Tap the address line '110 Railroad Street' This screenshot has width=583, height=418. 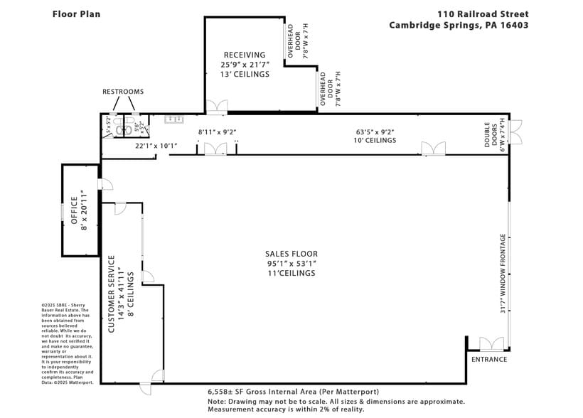click(483, 14)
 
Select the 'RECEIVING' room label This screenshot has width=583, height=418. click(245, 55)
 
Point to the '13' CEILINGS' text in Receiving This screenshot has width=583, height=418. click(245, 73)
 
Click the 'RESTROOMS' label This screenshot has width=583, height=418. click(123, 92)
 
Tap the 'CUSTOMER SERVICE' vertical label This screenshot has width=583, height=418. click(111, 294)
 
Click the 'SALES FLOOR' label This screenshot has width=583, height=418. click(291, 254)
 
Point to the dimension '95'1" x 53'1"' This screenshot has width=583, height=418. click(291, 264)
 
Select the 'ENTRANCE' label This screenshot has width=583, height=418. click(489, 359)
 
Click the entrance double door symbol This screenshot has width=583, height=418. click(491, 345)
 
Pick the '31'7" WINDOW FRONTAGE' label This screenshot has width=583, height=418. click(503, 274)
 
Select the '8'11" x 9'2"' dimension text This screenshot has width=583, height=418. click(217, 132)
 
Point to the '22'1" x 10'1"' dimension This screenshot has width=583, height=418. click(156, 146)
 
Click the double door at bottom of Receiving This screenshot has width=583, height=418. click(217, 107)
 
